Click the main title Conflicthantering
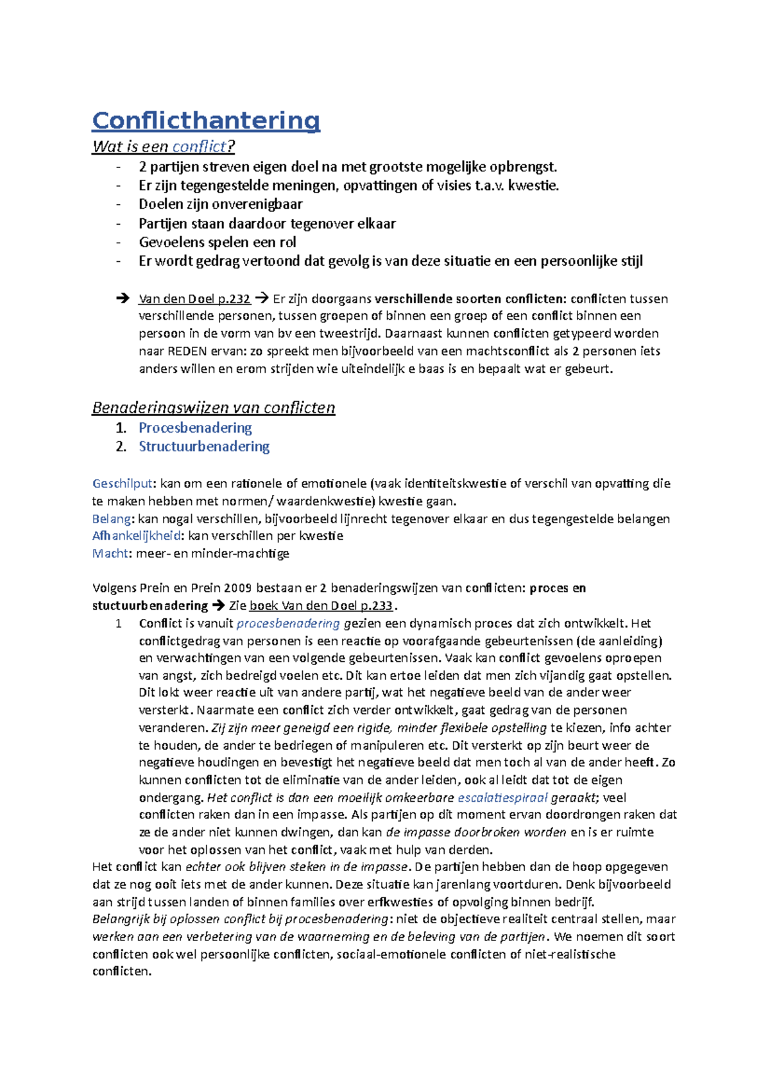pyautogui.click(x=206, y=120)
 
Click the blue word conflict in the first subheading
pyautogui.click(x=200, y=147)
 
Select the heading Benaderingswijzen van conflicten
pyautogui.click(x=214, y=408)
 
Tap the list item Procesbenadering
pyautogui.click(x=195, y=428)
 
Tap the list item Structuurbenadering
pyautogui.click(x=204, y=446)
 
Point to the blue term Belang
pyautogui.click(x=112, y=519)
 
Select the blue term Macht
pyautogui.click(x=110, y=553)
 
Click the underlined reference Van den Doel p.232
pyautogui.click(x=194, y=298)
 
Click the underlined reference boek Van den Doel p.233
pyautogui.click(x=321, y=605)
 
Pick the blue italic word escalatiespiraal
pyautogui.click(x=502, y=798)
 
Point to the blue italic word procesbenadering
pyautogui.click(x=288, y=623)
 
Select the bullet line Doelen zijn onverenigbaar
pyautogui.click(x=220, y=204)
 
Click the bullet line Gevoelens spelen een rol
pyautogui.click(x=217, y=242)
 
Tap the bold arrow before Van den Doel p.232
pyautogui.click(x=122, y=298)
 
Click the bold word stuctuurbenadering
pyautogui.click(x=150, y=605)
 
